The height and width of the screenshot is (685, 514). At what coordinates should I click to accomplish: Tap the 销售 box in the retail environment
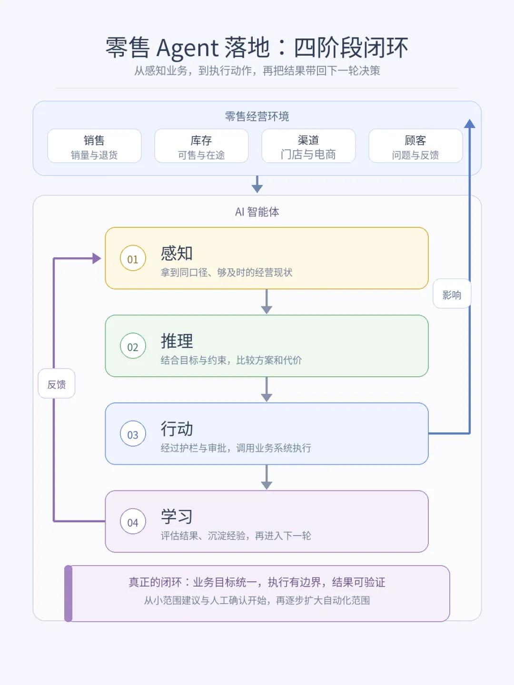[94, 146]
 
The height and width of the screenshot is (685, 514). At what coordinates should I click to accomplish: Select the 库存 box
[201, 146]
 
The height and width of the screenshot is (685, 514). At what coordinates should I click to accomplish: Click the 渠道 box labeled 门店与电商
[308, 146]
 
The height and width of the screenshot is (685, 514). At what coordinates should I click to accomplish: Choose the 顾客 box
[415, 146]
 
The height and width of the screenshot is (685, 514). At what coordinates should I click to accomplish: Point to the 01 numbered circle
[133, 258]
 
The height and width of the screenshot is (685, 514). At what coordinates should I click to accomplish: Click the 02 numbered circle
[133, 346]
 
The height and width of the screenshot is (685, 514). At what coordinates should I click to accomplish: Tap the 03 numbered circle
[133, 433]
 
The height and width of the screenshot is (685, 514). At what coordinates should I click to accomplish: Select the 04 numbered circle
[133, 521]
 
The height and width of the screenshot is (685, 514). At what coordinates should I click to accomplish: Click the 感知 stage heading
[177, 253]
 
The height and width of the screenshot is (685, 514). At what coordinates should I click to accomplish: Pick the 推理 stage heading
[177, 341]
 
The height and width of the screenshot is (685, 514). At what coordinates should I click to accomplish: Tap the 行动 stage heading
[177, 429]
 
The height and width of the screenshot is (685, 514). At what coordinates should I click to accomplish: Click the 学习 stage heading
[177, 516]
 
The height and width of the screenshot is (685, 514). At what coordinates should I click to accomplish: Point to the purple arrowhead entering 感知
[97, 258]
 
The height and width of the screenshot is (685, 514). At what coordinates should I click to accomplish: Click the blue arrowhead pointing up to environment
[469, 124]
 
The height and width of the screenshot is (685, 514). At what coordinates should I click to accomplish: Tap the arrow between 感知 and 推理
[267, 302]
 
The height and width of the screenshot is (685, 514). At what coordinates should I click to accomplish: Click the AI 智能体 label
[257, 212]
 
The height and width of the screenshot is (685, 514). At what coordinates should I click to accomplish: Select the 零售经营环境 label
[257, 117]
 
